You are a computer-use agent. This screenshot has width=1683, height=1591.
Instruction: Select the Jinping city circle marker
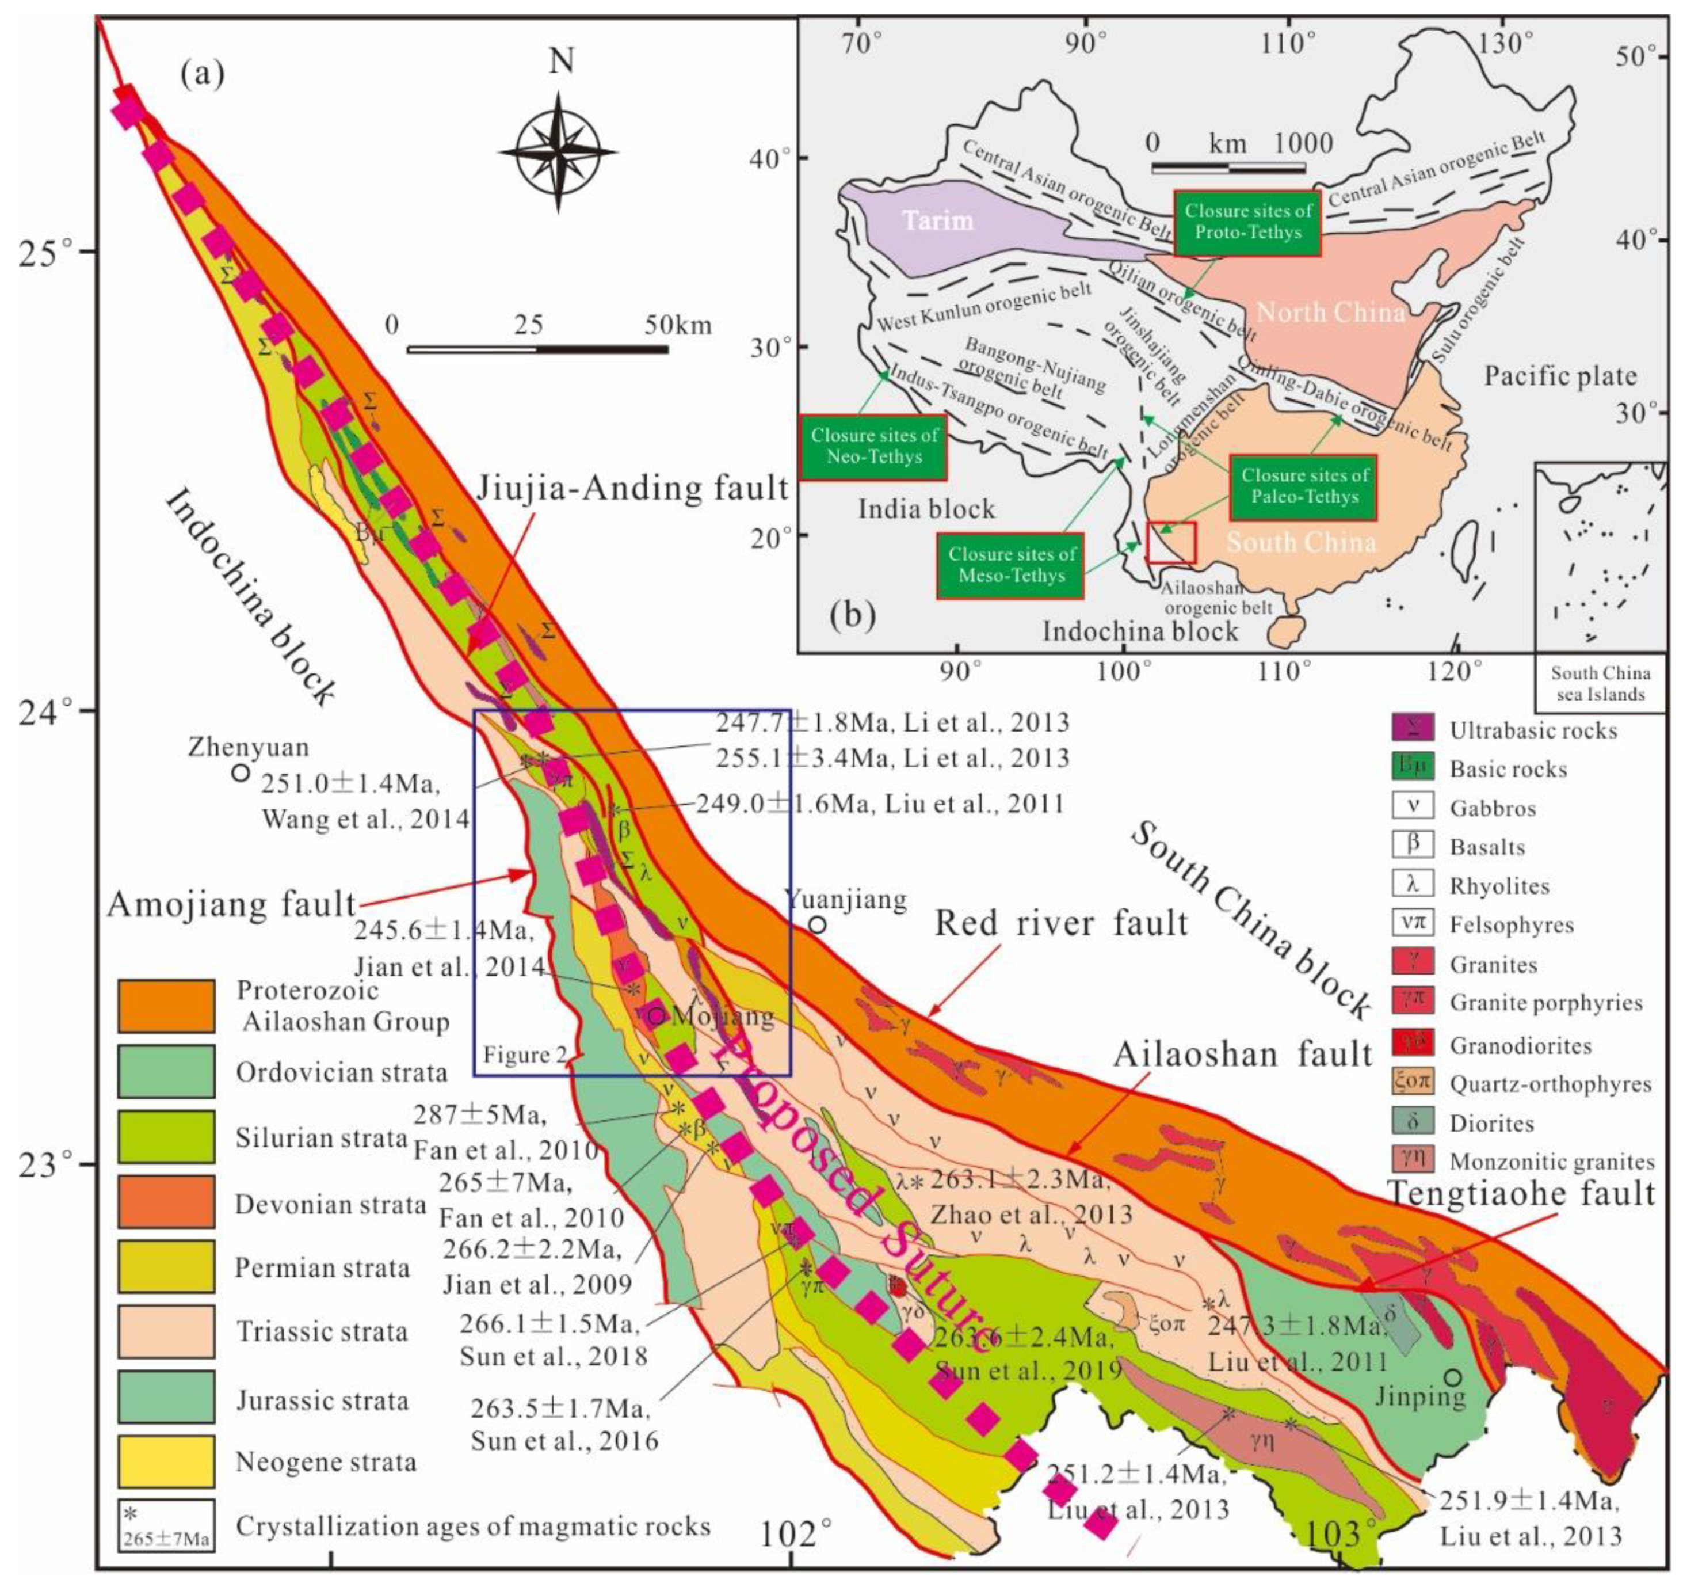click(x=1453, y=1376)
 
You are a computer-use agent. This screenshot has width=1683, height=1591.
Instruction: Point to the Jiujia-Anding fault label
click(x=632, y=489)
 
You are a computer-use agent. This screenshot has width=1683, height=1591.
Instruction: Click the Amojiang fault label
click(x=231, y=905)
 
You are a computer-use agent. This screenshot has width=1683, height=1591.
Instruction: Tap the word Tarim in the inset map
click(x=937, y=220)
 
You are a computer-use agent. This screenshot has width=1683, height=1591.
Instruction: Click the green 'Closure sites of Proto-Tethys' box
click(x=1248, y=223)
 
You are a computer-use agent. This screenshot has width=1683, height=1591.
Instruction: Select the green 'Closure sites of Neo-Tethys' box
click(x=873, y=446)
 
